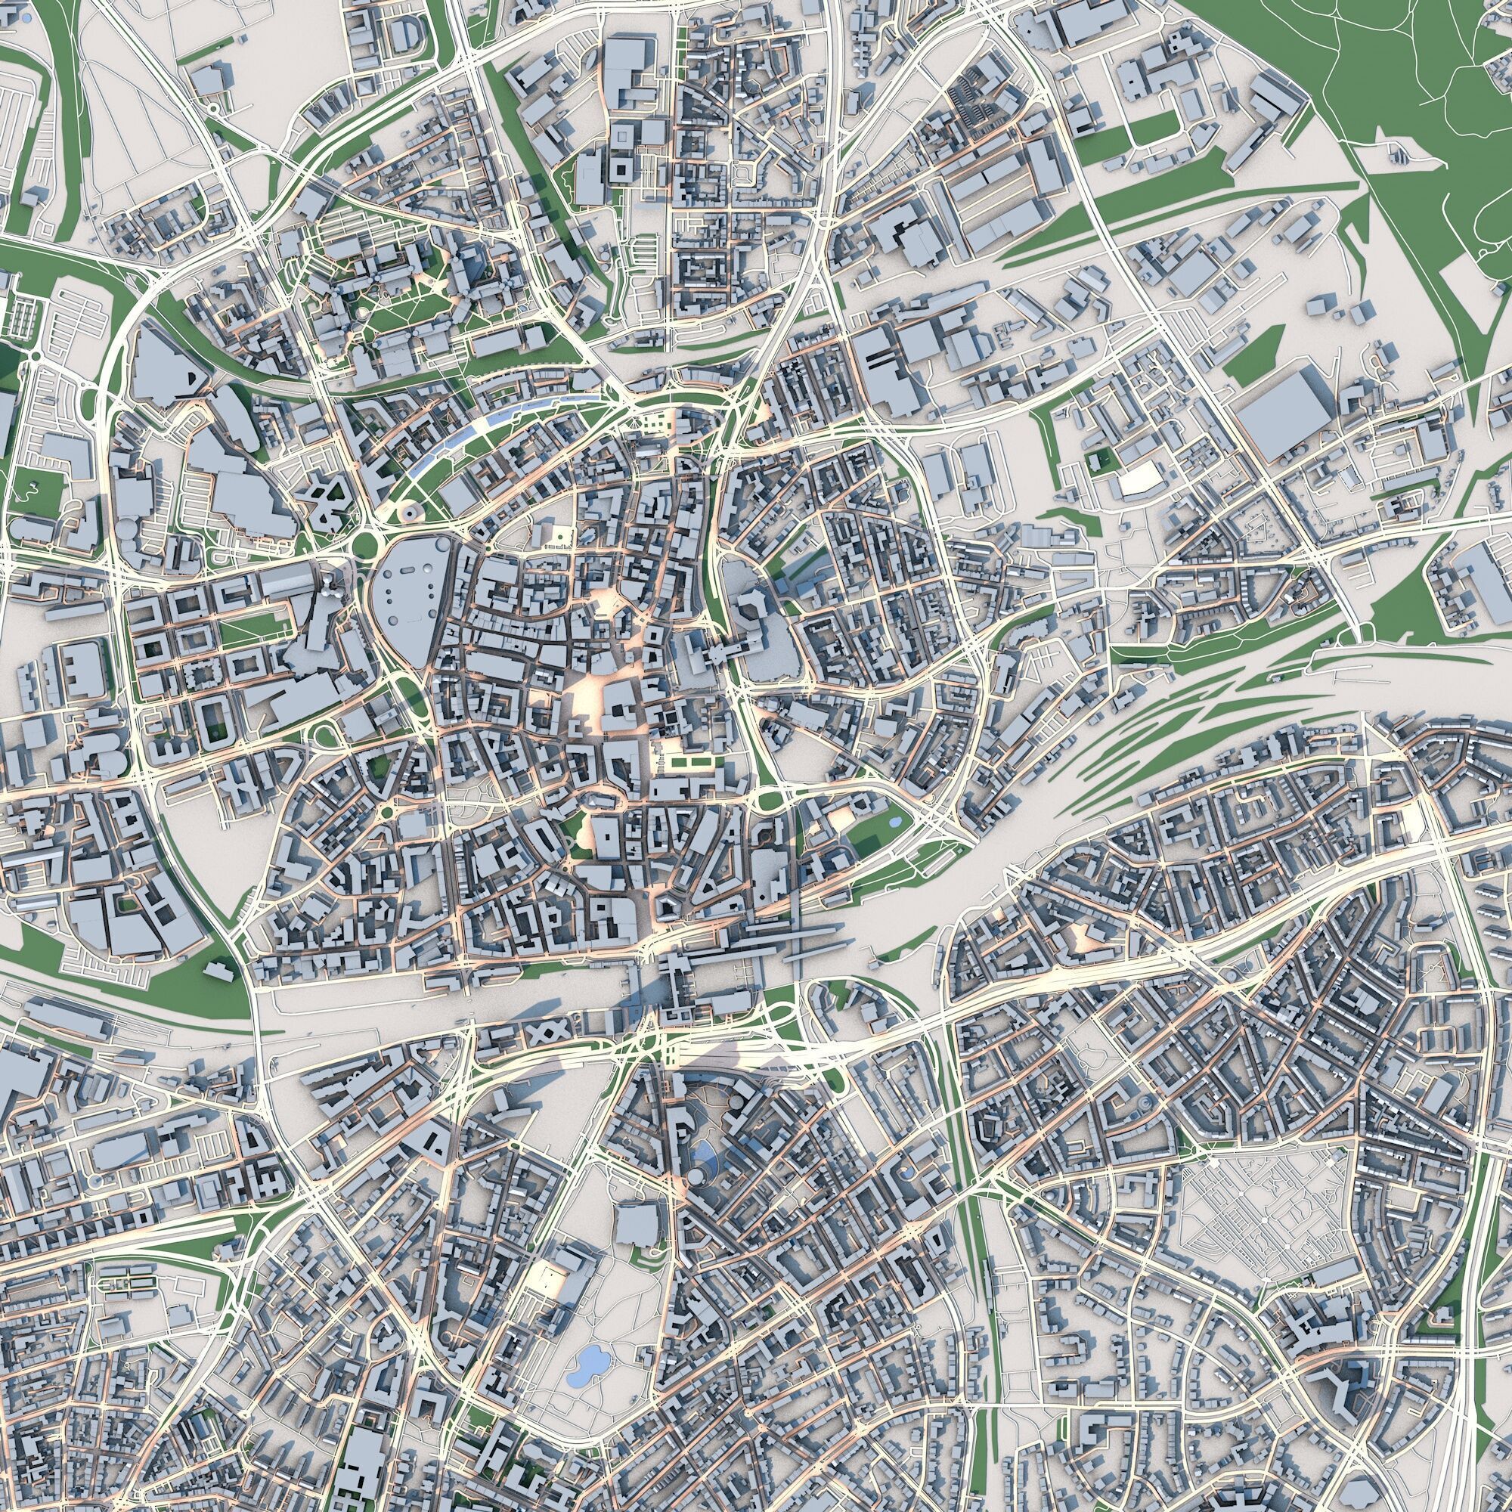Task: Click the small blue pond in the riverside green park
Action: (894, 821)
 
